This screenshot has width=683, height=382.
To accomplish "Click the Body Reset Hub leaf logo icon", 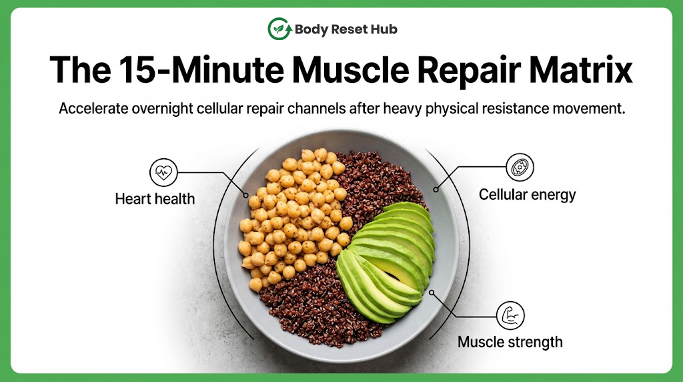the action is [x=279, y=29].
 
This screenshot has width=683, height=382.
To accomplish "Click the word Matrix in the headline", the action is [x=581, y=69].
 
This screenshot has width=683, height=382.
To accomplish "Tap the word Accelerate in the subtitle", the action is [x=93, y=108].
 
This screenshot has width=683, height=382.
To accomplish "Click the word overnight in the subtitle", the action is [x=162, y=109].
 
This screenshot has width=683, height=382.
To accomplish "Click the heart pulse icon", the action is [x=164, y=172].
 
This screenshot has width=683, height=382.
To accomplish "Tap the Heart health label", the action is [x=155, y=199].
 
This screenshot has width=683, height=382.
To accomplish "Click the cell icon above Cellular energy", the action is [x=520, y=167].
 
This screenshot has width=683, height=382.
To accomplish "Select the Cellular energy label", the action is [x=527, y=195].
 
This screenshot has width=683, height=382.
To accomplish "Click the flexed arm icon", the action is [x=510, y=315].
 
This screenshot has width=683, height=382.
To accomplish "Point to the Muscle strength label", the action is [x=510, y=343].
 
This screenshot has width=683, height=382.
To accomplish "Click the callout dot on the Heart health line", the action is [x=245, y=196].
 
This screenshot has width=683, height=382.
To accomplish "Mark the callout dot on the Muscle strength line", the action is [x=432, y=293].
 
